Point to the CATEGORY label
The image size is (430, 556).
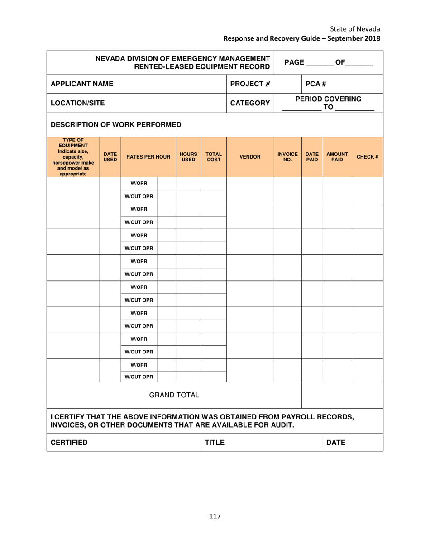pyautogui.click(x=250, y=103)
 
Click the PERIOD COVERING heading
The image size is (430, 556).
pyautogui.click(x=328, y=99)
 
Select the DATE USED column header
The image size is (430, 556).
pyautogui.click(x=110, y=157)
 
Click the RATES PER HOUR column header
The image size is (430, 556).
pyautogui.click(x=148, y=157)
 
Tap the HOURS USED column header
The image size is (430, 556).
pyautogui.click(x=188, y=157)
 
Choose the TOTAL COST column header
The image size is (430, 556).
pyautogui.click(x=213, y=157)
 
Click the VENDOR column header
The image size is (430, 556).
pyautogui.click(x=250, y=157)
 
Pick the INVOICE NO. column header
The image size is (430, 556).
pyautogui.click(x=287, y=157)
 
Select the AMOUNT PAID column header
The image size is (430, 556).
pyautogui.click(x=337, y=157)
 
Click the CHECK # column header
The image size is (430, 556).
pyautogui.click(x=367, y=157)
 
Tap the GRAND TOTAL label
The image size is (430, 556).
pyautogui.click(x=174, y=395)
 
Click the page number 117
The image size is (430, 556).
pyautogui.click(x=215, y=516)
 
